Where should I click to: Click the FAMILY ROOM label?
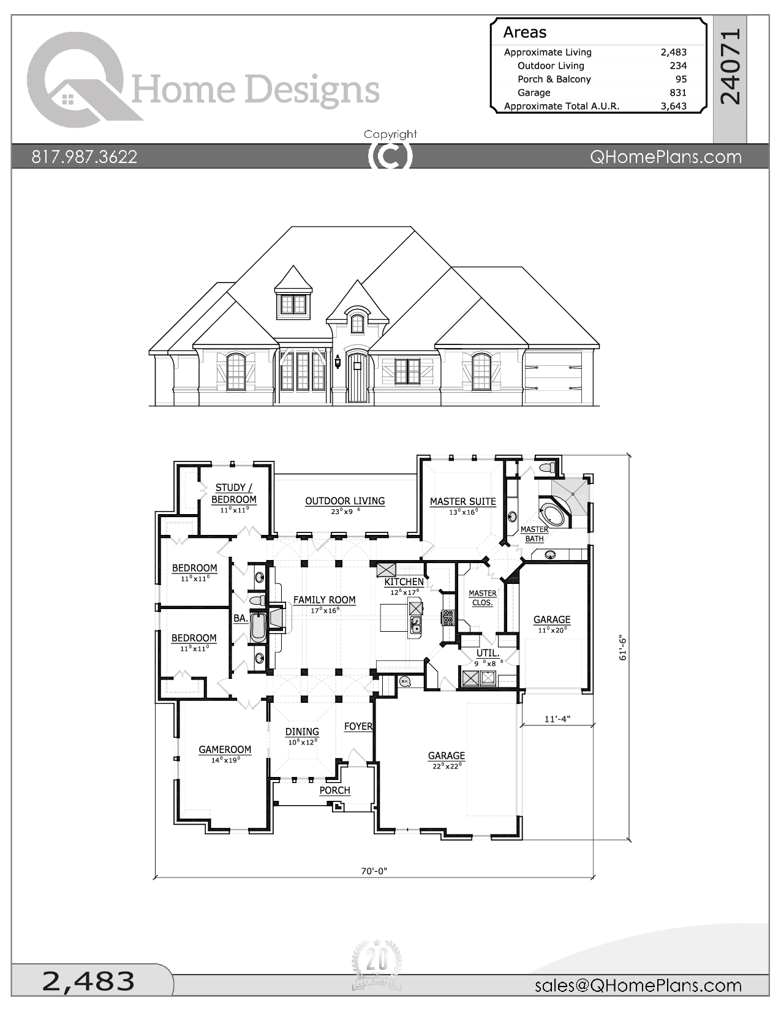click(x=324, y=600)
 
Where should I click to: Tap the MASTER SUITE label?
click(x=463, y=502)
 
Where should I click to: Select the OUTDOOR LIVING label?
click(x=345, y=501)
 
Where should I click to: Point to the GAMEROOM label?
click(x=225, y=749)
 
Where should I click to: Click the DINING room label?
click(x=302, y=732)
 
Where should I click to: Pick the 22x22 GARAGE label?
click(x=447, y=756)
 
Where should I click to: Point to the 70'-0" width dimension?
click(x=374, y=871)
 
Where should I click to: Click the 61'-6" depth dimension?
click(x=624, y=648)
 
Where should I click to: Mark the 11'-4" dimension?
click(x=557, y=719)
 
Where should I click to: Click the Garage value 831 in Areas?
click(x=678, y=93)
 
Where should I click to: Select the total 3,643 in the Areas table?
click(x=674, y=106)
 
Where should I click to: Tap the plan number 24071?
click(x=730, y=67)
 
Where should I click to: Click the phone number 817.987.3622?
click(x=84, y=157)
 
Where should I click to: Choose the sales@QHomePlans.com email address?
click(x=638, y=985)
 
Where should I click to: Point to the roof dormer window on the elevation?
click(x=293, y=305)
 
